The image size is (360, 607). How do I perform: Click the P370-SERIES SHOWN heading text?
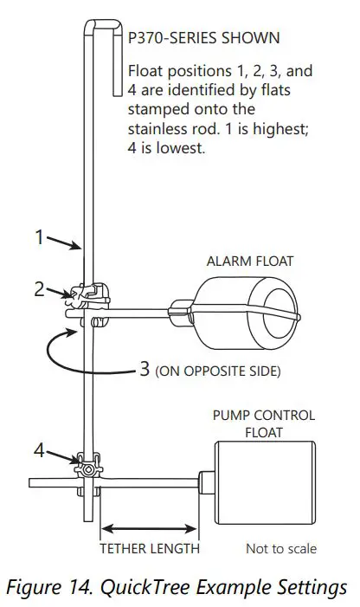[x=204, y=39]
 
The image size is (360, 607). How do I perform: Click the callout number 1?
[x=40, y=236]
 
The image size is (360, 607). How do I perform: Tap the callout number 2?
[x=40, y=289]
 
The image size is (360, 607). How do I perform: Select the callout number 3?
[x=145, y=370]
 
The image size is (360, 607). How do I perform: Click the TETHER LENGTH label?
[x=150, y=548]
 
